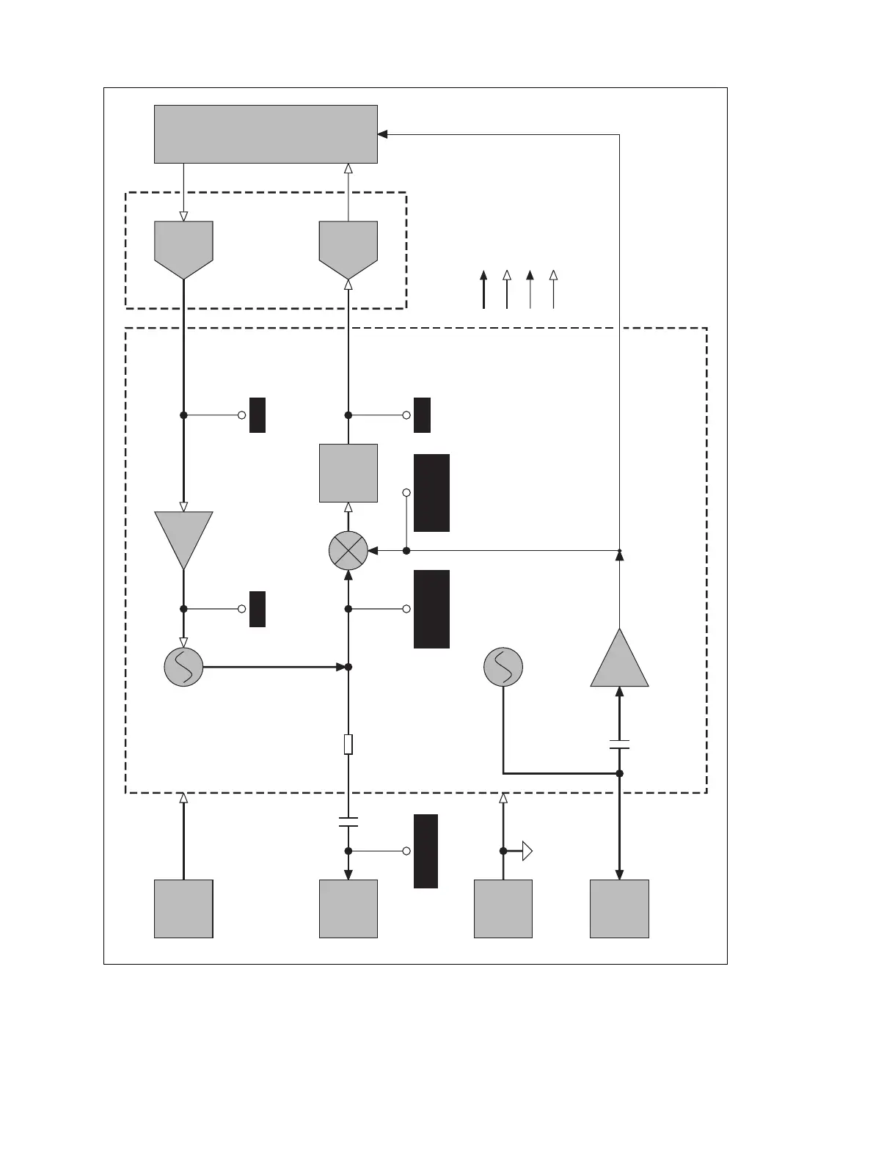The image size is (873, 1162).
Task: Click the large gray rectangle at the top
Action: click(266, 134)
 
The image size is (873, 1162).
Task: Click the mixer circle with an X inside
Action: click(348, 550)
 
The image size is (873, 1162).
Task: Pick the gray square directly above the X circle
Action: click(348, 473)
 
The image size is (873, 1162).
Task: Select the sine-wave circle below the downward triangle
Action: click(183, 667)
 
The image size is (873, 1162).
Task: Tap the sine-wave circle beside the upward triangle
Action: click(503, 667)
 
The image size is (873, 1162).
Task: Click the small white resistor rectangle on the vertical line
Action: click(348, 744)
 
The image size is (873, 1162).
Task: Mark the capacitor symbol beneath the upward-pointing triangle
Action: click(620, 745)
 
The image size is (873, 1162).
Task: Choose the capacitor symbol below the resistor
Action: click(348, 821)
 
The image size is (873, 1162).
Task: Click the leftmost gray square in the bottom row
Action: click(183, 908)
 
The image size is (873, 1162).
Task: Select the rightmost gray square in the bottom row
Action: click(620, 908)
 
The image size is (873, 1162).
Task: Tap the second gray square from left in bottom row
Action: click(348, 908)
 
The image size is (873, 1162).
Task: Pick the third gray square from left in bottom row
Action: click(503, 908)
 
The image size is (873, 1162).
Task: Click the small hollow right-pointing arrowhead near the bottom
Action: click(526, 851)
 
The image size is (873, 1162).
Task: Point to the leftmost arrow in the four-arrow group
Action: click(483, 289)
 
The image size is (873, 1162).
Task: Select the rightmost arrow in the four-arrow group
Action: click(554, 289)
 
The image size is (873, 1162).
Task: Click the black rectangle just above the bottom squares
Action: click(425, 851)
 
